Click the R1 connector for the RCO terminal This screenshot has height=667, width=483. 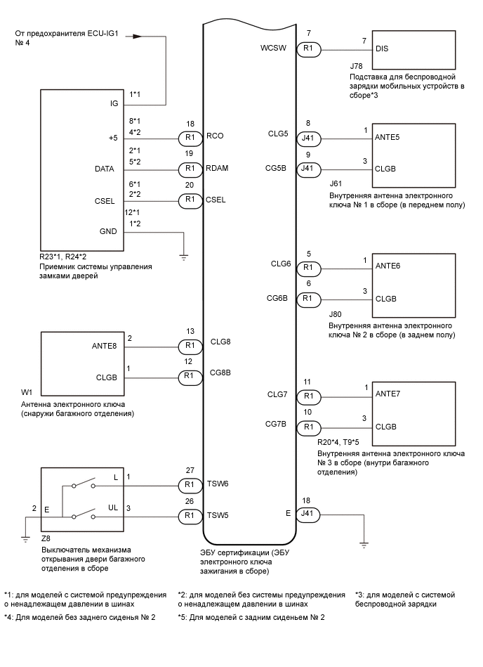(187, 138)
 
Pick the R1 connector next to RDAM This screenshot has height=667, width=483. (187, 169)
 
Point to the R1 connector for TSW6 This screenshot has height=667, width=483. (187, 484)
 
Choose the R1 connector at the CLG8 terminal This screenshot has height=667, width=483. (187, 345)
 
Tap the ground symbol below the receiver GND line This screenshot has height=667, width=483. (184, 258)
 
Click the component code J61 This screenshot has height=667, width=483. (336, 183)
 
